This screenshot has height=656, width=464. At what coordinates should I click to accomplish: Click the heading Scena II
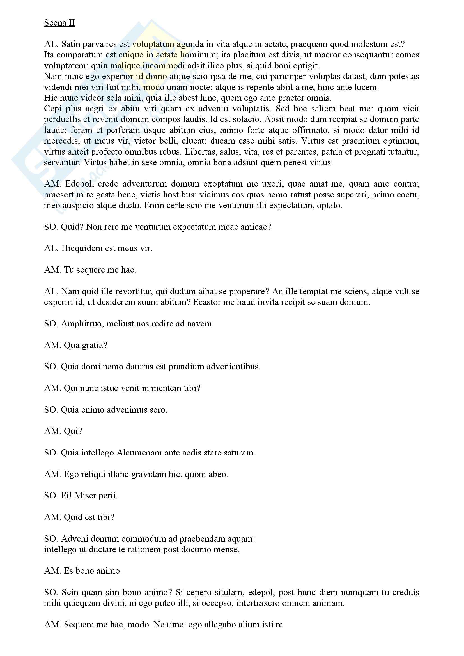click(59, 22)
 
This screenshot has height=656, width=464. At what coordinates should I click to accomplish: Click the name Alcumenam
click(139, 453)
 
